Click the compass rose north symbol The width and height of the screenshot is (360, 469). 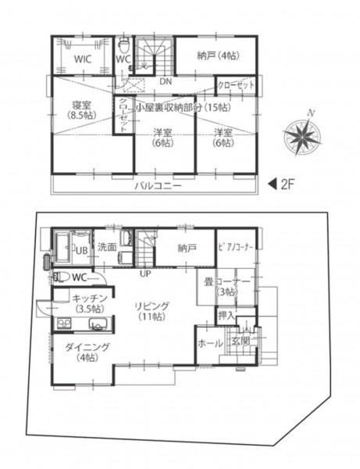(x=303, y=134)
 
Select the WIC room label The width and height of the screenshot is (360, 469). (x=83, y=59)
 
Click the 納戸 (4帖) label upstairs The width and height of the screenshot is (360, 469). (x=219, y=55)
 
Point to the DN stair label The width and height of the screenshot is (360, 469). (x=166, y=81)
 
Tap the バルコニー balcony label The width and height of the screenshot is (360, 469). (x=158, y=186)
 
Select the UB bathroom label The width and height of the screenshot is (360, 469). (x=81, y=250)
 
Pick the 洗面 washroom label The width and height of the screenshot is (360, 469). (x=107, y=247)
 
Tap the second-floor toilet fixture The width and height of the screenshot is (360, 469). (x=123, y=45)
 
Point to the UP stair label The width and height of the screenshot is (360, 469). (x=145, y=274)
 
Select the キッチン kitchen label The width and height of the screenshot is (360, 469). (x=90, y=299)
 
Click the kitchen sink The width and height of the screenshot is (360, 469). (x=98, y=324)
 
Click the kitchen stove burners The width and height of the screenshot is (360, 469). (x=62, y=324)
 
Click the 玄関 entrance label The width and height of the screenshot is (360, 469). (x=241, y=341)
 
